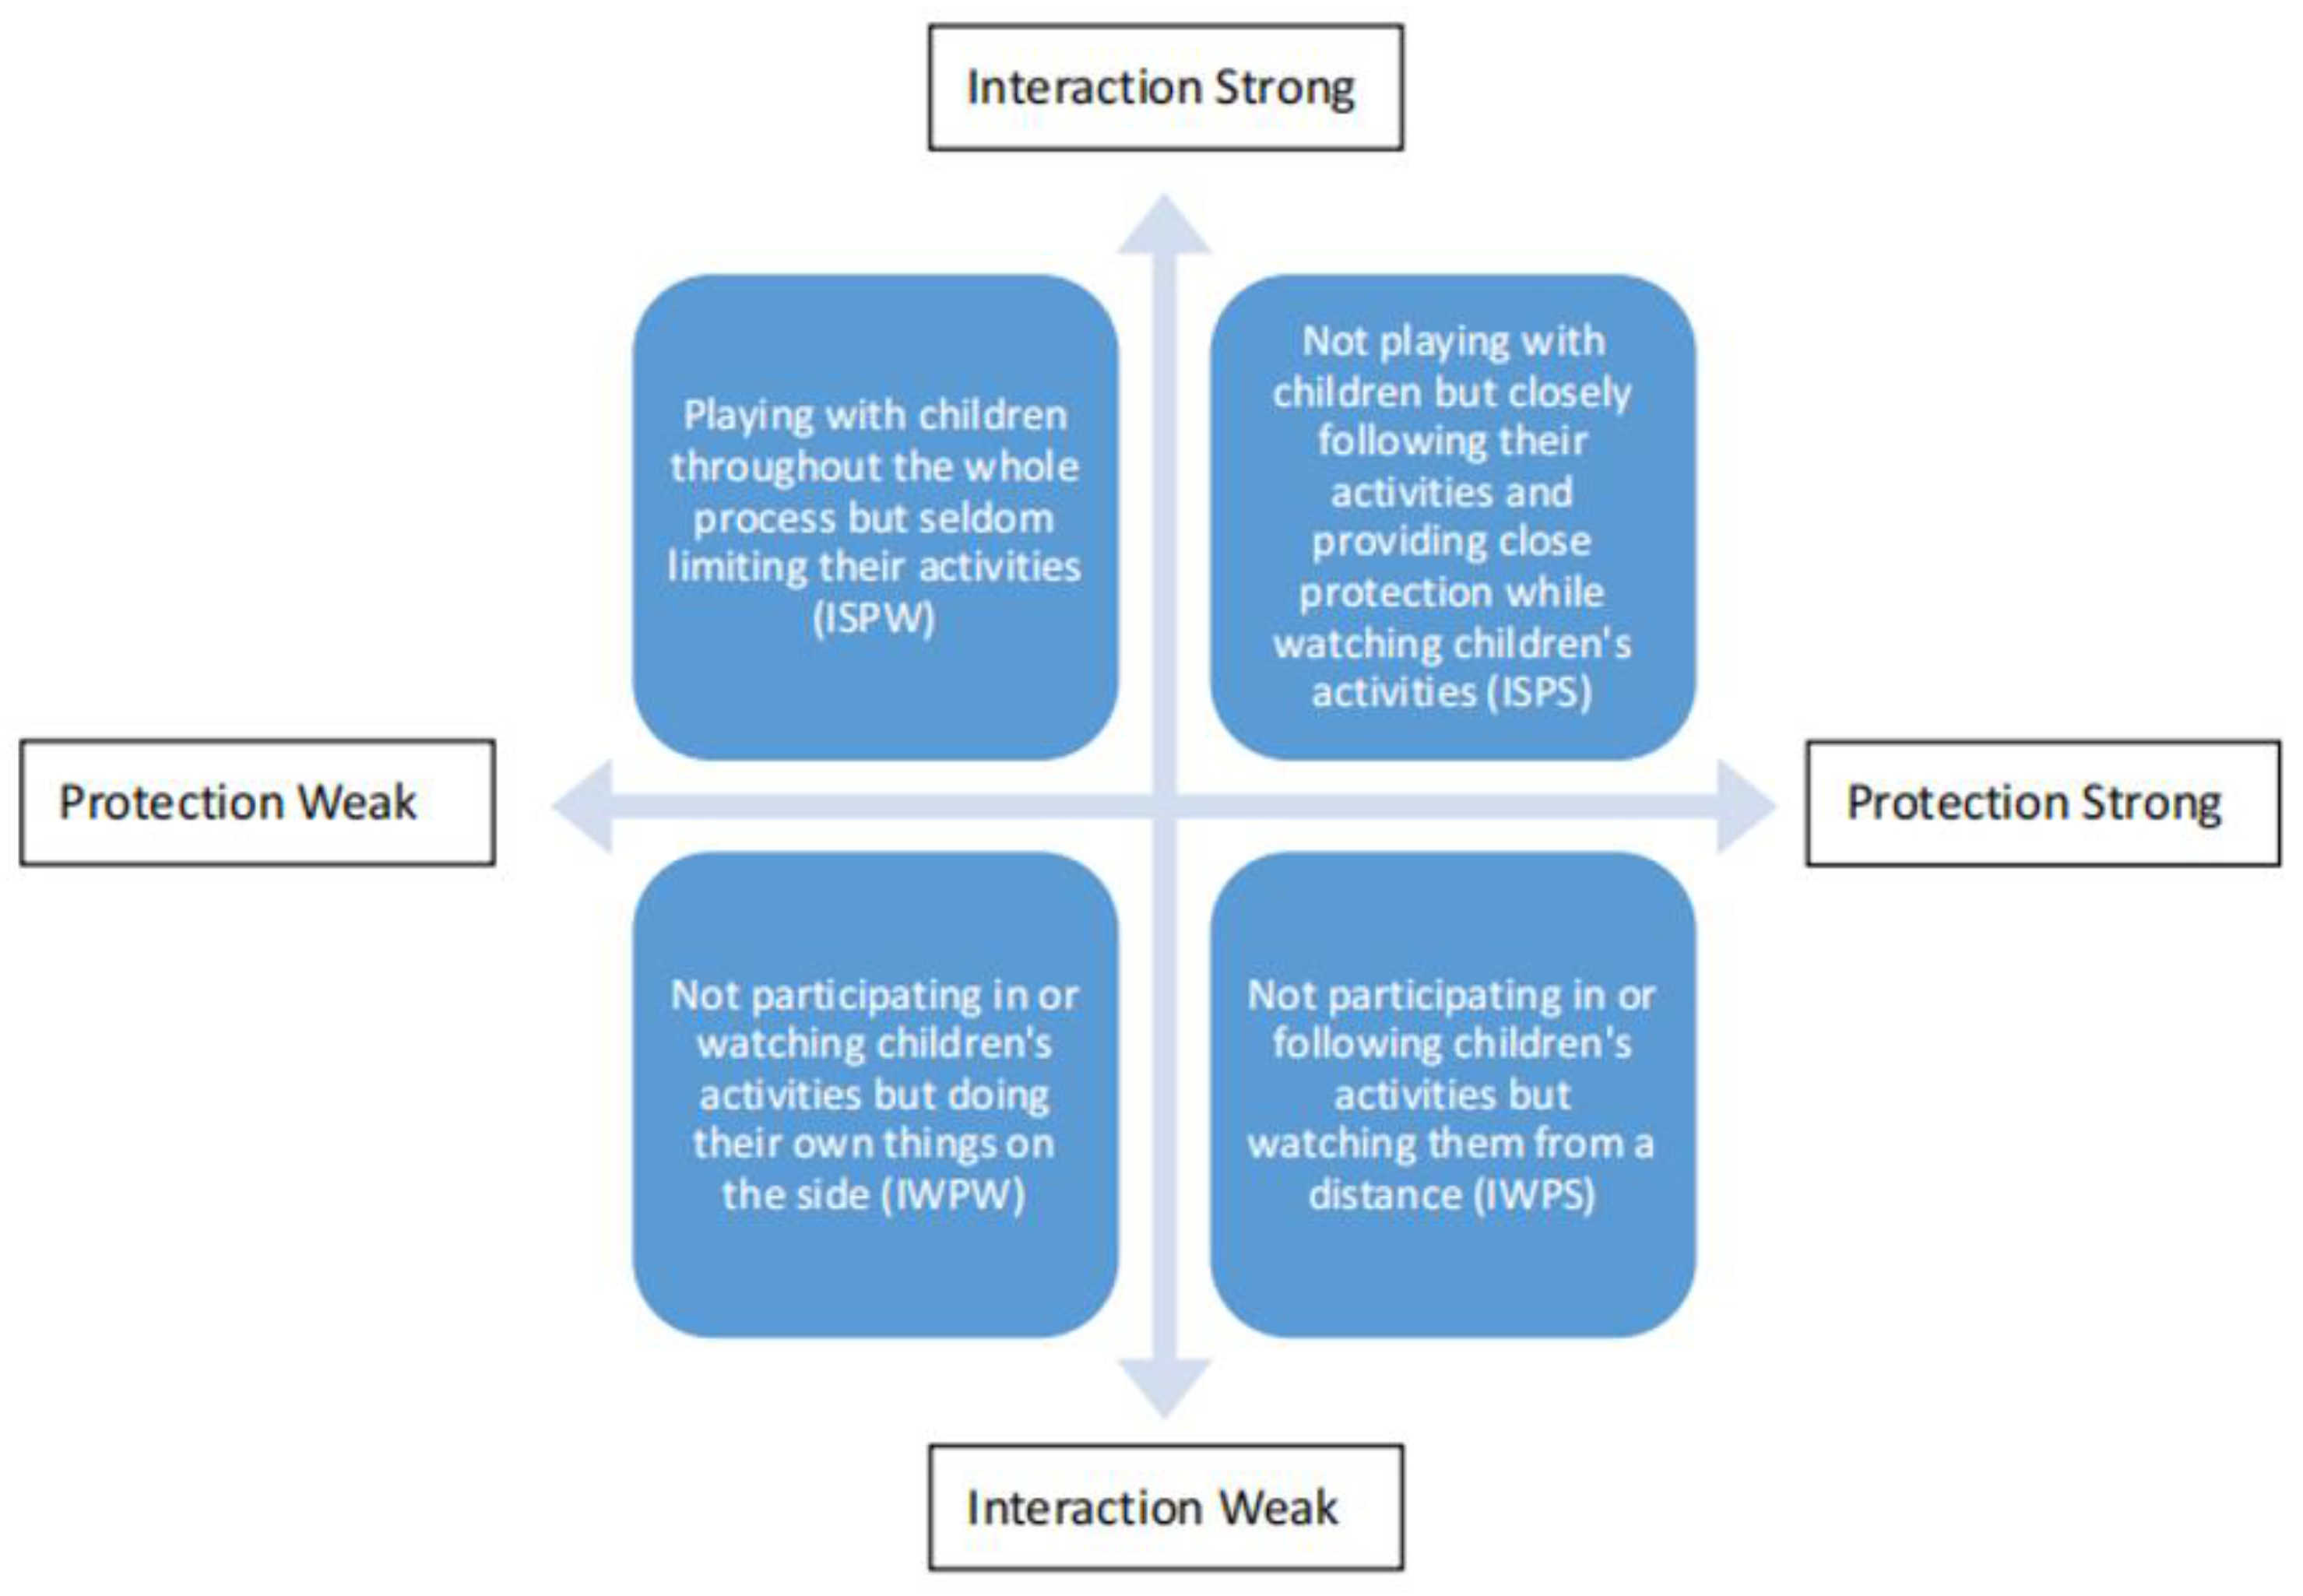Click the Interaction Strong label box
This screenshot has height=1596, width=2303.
[1165, 88]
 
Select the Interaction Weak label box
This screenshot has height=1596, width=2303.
[1165, 1507]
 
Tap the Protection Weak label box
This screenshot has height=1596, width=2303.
[257, 803]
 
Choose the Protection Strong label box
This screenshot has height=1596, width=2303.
[2042, 803]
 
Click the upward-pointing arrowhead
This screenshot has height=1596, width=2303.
[1164, 226]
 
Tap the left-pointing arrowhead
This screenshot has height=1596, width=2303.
[584, 805]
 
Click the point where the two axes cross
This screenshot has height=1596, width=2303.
[1164, 805]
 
